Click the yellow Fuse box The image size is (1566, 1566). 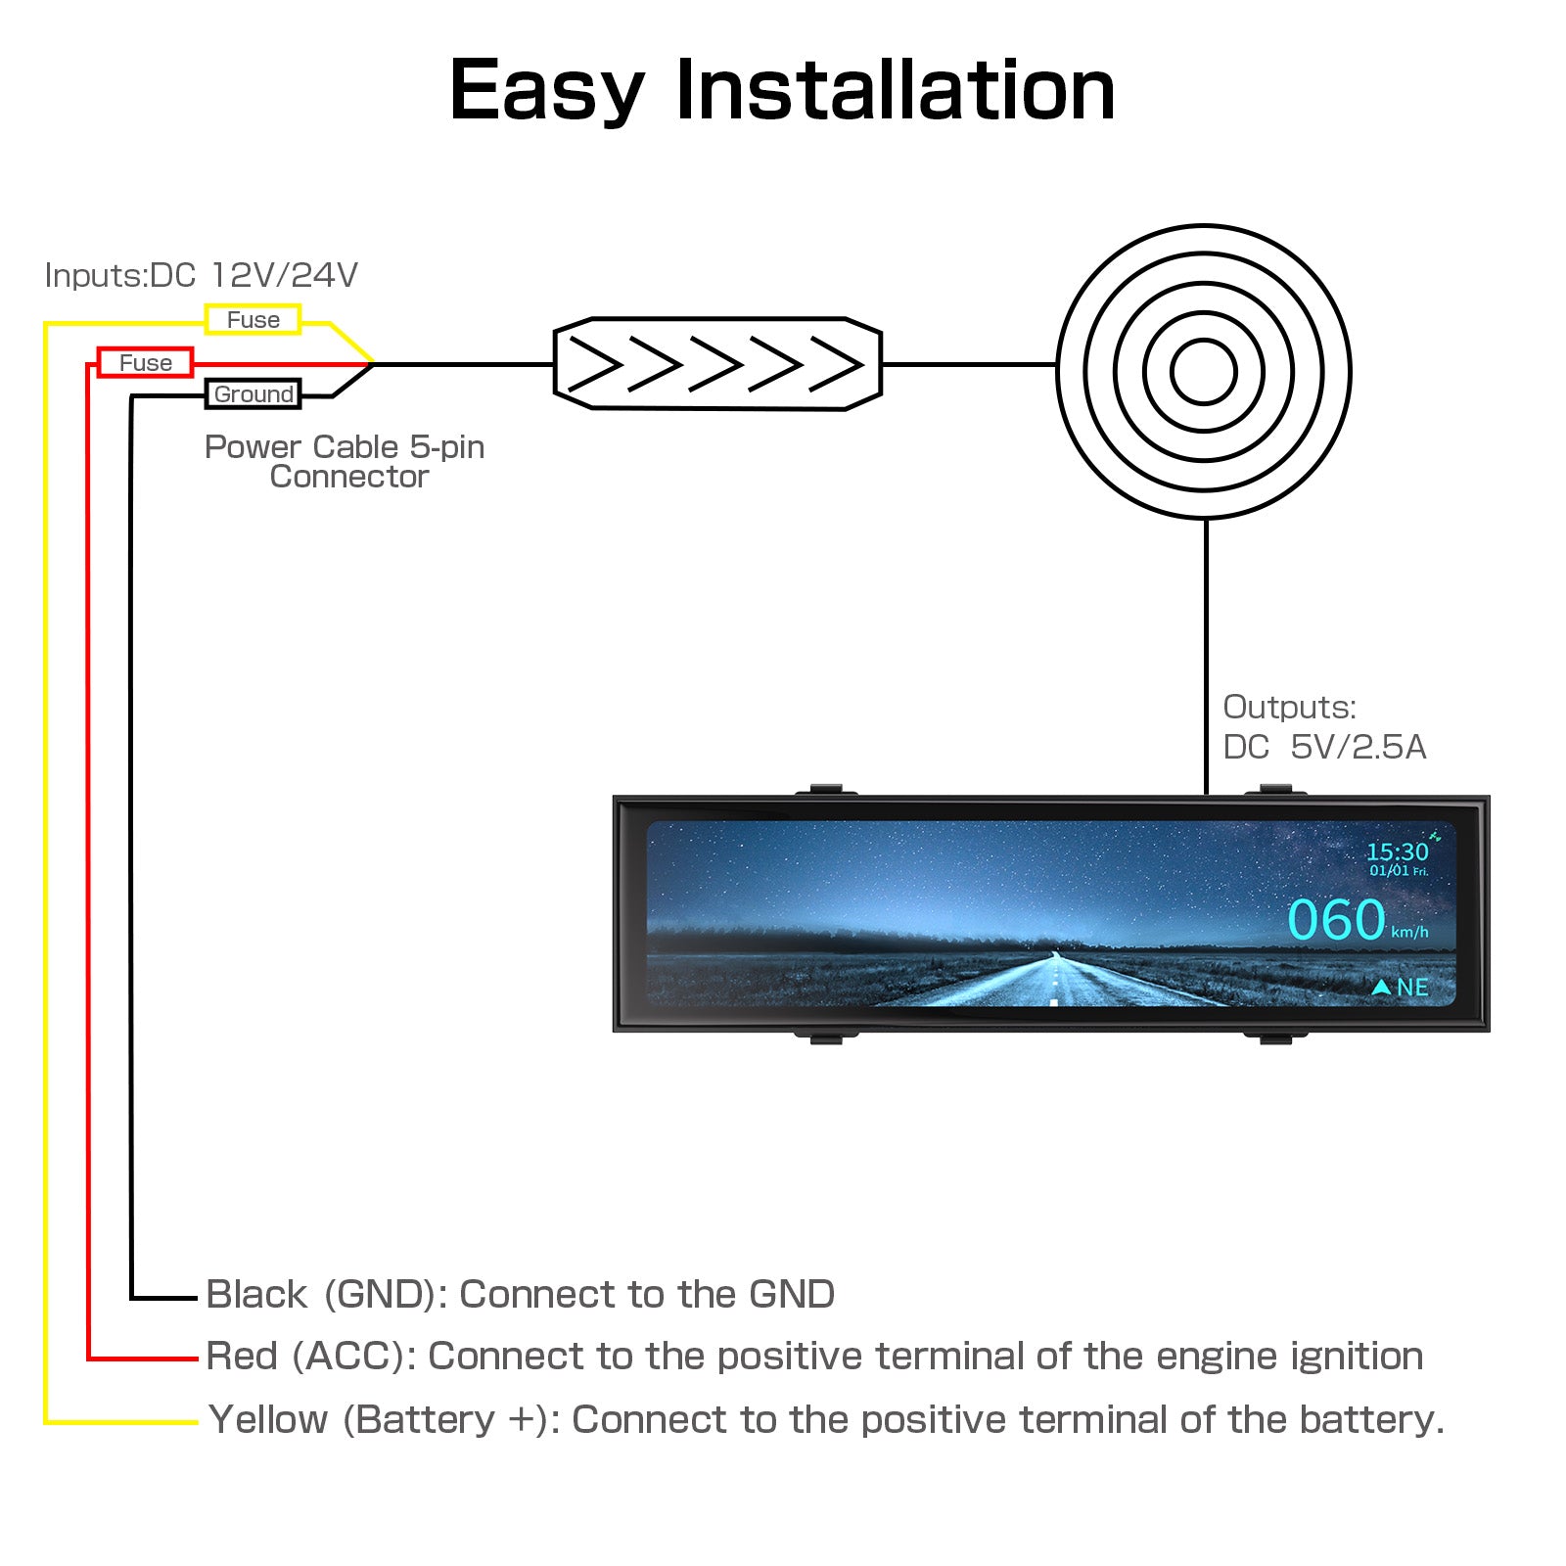point(253,319)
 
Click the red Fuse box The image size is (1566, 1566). point(145,362)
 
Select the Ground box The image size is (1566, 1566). point(253,393)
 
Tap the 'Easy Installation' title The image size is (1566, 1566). point(782,90)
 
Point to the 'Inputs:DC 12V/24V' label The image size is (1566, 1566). point(202,275)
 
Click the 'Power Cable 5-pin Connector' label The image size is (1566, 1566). point(345,461)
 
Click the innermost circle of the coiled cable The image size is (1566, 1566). point(1203,372)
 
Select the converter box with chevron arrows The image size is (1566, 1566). point(717,364)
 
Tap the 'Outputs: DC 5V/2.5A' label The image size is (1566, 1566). point(1323,727)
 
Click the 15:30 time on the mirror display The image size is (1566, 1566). point(1397,852)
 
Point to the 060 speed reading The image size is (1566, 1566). point(1336,920)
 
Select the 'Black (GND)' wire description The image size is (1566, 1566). point(520,1294)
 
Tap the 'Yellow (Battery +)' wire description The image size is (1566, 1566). point(826,1419)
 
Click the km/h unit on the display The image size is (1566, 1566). point(1409,932)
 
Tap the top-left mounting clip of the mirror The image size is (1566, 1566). point(826,789)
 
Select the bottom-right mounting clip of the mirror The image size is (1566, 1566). point(1276,1037)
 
